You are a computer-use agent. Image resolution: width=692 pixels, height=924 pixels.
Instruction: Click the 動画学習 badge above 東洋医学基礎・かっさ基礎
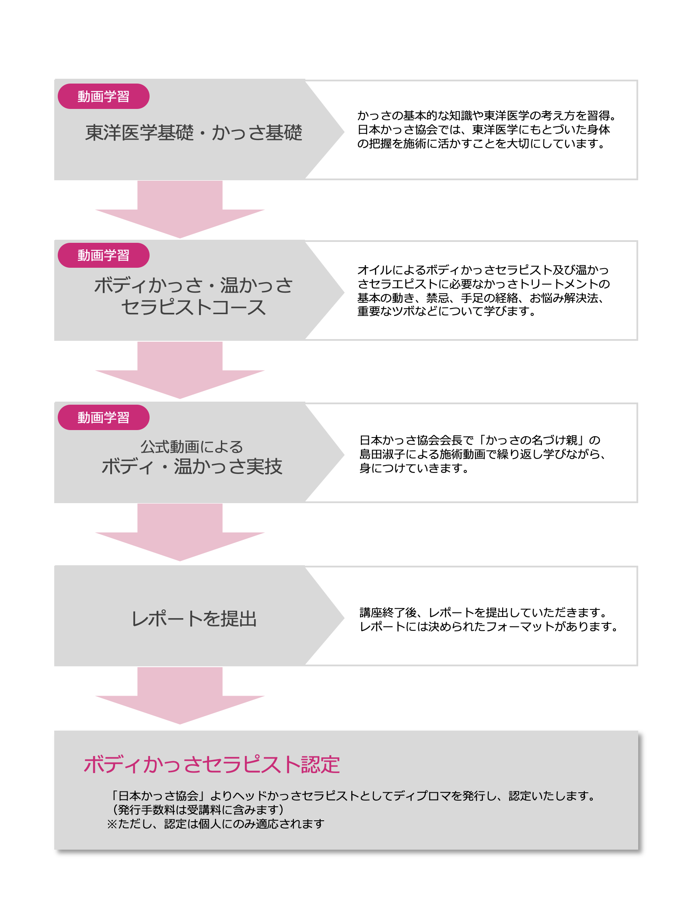[x=104, y=96]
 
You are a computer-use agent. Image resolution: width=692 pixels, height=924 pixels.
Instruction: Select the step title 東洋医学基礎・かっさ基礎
[x=194, y=133]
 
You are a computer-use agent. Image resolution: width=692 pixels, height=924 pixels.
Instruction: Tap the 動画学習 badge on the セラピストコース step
[x=104, y=255]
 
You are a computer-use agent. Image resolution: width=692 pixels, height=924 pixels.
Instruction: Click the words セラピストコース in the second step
[x=193, y=307]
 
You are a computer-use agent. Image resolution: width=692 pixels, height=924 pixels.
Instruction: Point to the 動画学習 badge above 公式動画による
[x=104, y=417]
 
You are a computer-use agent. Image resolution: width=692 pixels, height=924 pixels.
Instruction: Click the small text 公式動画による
[x=192, y=447]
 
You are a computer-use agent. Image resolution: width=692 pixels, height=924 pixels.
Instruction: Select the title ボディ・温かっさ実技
[x=192, y=466]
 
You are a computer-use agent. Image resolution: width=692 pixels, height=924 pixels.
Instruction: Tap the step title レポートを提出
[x=194, y=619]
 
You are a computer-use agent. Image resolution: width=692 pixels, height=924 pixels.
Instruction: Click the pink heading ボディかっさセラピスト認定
[x=212, y=765]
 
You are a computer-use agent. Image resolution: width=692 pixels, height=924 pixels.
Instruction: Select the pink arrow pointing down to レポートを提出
[x=180, y=532]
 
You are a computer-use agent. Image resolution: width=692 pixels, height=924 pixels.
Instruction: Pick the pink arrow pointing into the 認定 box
[x=180, y=696]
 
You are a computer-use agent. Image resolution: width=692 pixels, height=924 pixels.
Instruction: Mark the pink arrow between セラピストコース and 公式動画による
[x=180, y=371]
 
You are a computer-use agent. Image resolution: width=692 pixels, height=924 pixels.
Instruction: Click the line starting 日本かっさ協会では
[x=484, y=129]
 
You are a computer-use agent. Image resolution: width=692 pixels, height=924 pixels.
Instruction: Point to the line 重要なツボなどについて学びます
[x=447, y=311]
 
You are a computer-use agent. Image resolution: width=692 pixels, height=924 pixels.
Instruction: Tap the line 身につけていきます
[x=414, y=468]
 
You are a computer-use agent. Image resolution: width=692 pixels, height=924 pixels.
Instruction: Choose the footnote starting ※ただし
[x=216, y=824]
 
